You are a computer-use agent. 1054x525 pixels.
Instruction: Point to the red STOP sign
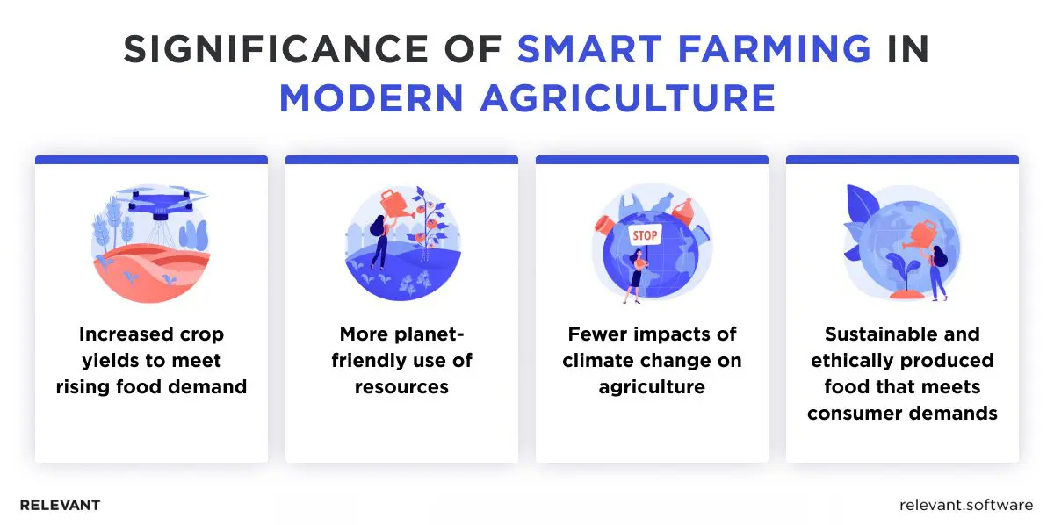tap(644, 236)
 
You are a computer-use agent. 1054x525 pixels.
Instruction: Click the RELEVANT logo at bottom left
tap(60, 505)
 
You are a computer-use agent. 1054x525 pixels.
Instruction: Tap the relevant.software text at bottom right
tap(967, 505)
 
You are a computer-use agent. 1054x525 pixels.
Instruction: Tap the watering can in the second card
tap(392, 205)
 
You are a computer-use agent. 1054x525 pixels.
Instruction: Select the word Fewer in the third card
tap(597, 334)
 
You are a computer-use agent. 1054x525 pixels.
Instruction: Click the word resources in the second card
tap(401, 386)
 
